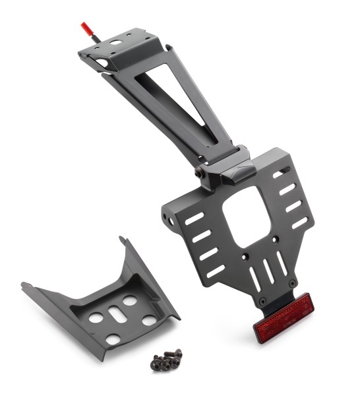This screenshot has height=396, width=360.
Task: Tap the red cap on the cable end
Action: tap(84, 28)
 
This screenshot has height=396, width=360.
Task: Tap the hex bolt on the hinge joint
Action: tap(199, 172)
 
